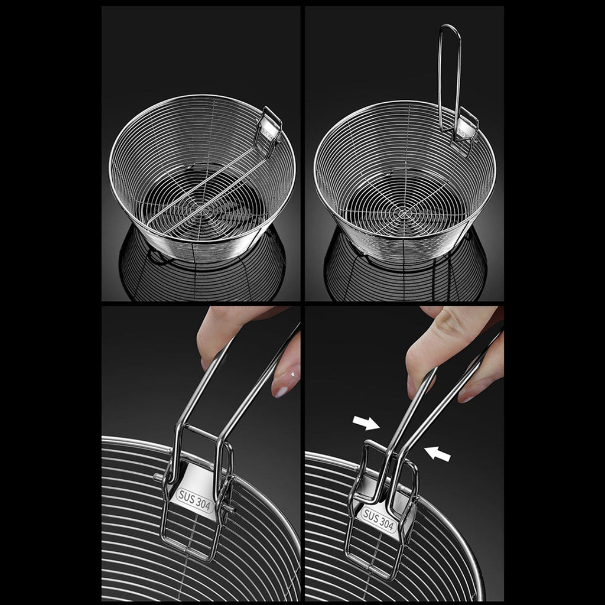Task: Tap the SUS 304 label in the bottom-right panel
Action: coord(379,520)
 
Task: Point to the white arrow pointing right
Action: coord(366,422)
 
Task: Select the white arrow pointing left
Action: coord(437,453)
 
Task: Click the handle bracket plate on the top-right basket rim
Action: coord(464,130)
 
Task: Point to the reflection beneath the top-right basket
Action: coord(405,274)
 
